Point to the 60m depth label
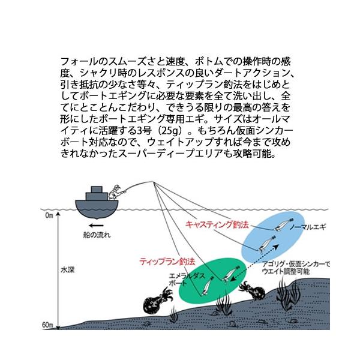[x=48, y=325]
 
